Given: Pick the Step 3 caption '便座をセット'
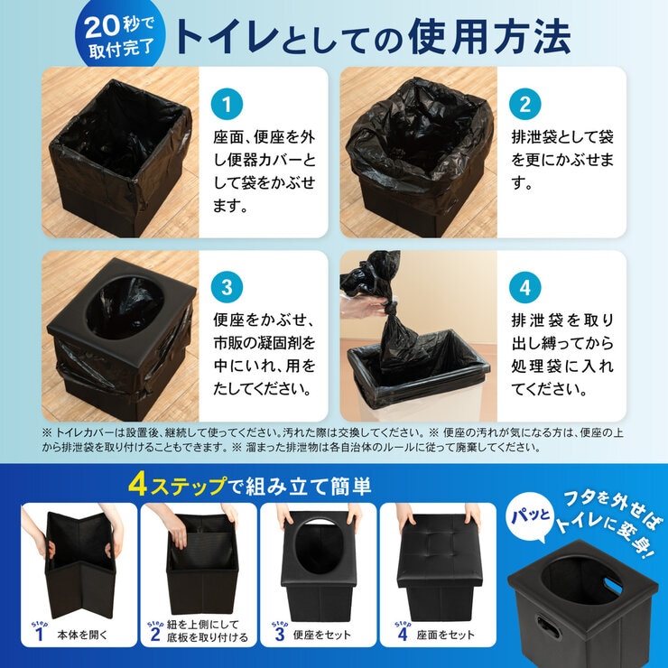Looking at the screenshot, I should click(321, 635).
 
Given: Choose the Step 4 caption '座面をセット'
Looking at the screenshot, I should click(445, 635).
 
